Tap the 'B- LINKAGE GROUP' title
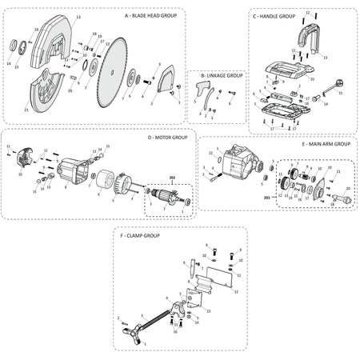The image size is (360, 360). click(221, 75)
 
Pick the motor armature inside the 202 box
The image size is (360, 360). click(167, 204)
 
